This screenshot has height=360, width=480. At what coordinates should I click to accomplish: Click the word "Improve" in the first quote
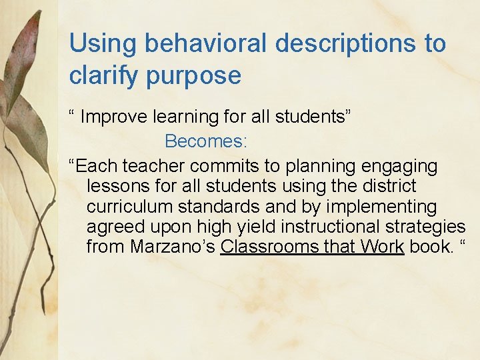[x=115, y=117]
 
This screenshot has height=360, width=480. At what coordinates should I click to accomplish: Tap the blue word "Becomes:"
[x=206, y=141]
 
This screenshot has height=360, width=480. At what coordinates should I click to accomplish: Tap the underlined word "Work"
[x=382, y=247]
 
